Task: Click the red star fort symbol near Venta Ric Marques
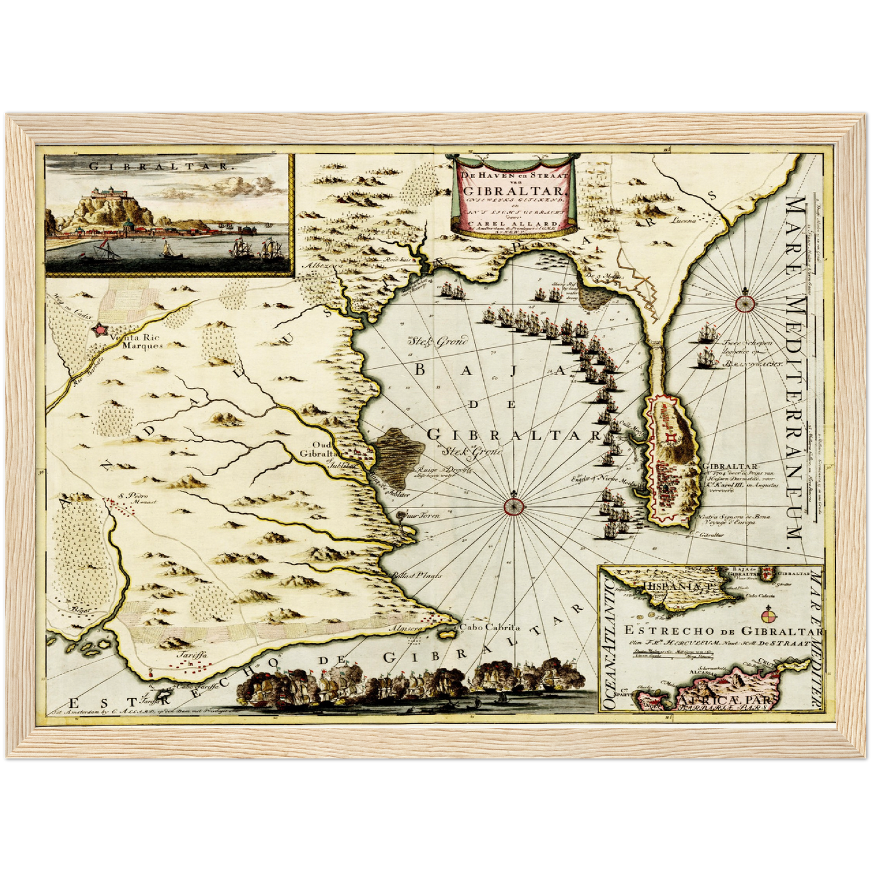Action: [98, 330]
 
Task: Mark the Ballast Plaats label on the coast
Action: [416, 575]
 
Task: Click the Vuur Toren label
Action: [426, 516]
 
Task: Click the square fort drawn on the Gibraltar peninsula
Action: [670, 437]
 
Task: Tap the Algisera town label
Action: [404, 628]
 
